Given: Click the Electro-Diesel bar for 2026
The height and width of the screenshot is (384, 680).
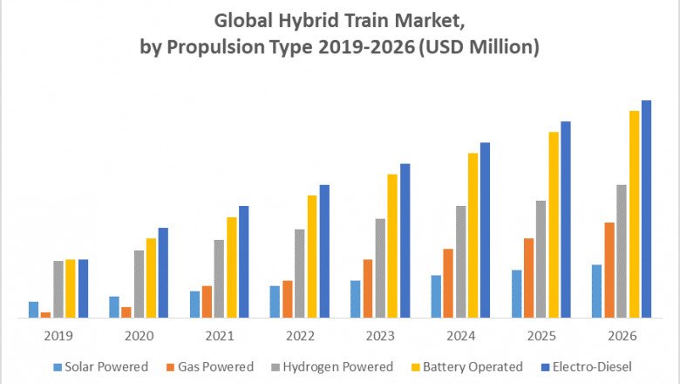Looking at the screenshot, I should coord(646,209).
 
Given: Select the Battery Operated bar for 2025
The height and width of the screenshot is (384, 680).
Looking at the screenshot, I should coord(554,225).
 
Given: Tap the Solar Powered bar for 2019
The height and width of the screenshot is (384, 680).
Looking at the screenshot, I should coord(34,310).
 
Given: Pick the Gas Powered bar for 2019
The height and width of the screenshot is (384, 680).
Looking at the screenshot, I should coord(45,315).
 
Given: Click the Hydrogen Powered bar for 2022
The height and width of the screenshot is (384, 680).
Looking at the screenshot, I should coord(300,274).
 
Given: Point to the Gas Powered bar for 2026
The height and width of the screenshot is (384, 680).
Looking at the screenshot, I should coord(609,271).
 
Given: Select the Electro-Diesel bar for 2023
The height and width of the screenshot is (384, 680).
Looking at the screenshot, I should coord(405,241).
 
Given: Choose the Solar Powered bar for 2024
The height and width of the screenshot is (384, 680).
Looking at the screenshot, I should coord(436,297).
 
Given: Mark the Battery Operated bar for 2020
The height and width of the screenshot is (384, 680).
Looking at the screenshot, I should coord(151,278).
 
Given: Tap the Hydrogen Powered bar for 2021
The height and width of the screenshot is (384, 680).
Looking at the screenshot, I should coord(220,279).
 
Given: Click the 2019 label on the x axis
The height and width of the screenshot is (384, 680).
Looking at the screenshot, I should coord(58,336).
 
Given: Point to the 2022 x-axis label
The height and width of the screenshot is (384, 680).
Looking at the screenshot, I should coord(300,336).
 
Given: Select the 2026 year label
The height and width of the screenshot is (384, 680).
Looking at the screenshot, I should coord(622,336).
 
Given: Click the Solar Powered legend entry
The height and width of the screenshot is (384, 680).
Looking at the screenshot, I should coord(100,367).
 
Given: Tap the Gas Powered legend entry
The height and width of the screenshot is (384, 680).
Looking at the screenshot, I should coord(208,367).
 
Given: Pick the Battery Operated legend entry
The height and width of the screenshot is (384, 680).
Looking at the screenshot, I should coord(471,367).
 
